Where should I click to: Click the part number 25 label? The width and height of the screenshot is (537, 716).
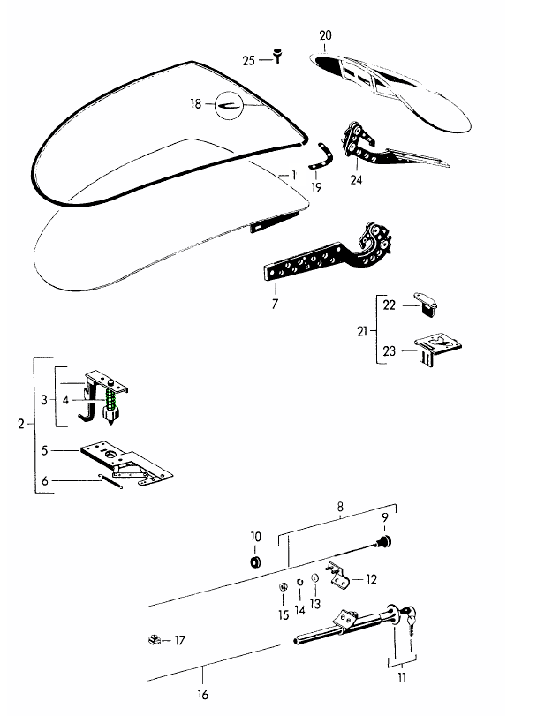248,60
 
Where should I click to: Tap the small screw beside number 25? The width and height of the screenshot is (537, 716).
278,57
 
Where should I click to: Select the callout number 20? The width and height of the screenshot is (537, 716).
325,35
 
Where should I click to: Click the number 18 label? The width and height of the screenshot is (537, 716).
195,104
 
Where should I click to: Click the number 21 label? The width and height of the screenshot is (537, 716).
361,332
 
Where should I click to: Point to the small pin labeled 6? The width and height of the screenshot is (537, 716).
110,483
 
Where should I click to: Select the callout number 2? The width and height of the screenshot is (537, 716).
20,425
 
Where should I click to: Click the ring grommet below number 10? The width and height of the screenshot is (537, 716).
256,562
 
